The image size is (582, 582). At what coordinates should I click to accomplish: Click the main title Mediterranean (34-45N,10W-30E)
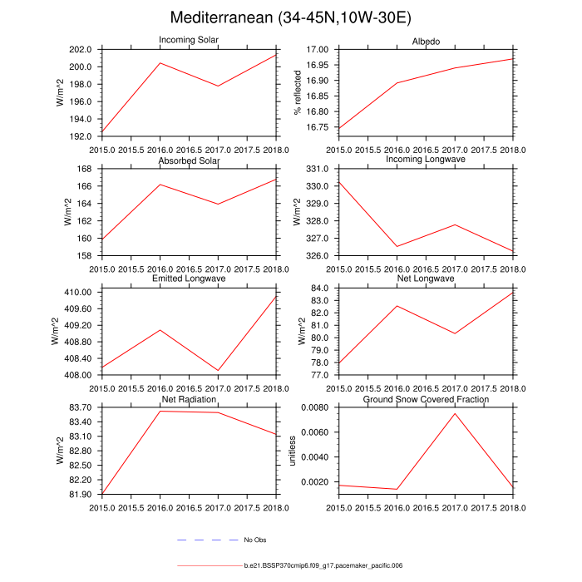290,17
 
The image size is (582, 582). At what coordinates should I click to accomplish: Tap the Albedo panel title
426,41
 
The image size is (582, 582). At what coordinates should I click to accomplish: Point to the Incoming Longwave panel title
426,160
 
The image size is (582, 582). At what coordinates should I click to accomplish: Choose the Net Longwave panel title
426,279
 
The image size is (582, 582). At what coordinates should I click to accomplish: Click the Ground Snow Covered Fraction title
426,400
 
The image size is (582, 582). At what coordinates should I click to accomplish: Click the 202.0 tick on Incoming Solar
86,50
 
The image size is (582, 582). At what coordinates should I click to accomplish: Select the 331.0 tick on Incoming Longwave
320,169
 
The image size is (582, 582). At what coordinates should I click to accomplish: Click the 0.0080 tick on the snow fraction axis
317,407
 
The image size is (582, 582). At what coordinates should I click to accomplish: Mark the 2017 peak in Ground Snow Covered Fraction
455,413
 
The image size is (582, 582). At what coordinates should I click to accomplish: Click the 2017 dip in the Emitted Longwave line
218,371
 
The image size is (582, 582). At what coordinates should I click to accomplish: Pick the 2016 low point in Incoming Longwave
397,246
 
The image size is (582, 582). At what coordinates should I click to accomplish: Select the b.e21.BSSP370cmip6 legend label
323,565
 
